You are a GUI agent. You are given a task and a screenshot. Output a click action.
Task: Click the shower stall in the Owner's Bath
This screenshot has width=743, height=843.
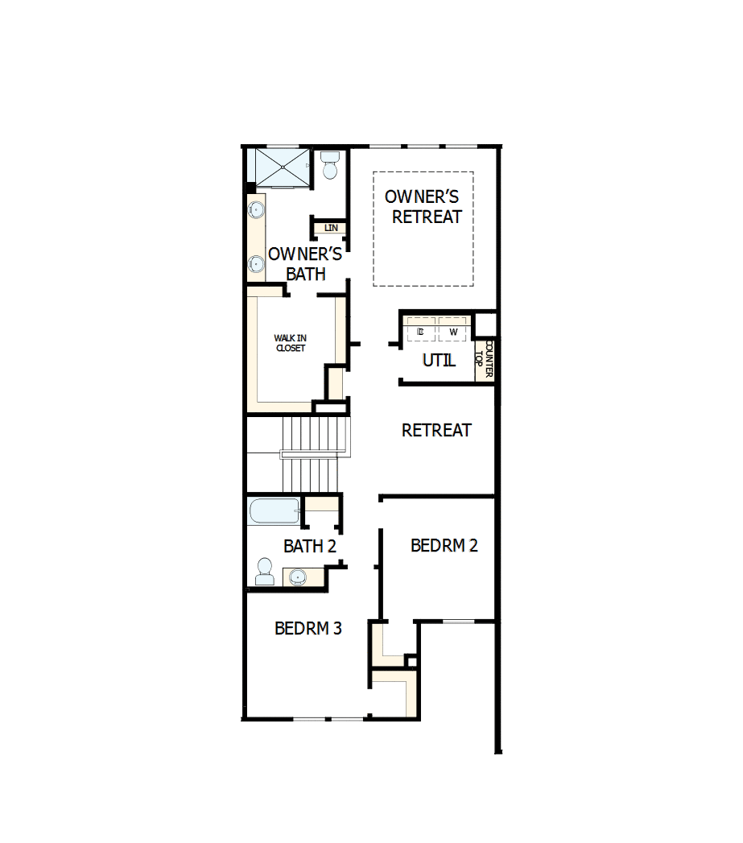coord(282,167)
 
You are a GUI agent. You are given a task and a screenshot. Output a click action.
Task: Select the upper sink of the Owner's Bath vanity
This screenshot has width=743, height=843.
coord(256,211)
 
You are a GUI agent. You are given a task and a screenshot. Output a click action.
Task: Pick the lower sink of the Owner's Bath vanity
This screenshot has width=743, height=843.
coord(256,262)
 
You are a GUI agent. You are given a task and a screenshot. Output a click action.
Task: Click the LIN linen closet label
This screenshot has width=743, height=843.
coord(331,229)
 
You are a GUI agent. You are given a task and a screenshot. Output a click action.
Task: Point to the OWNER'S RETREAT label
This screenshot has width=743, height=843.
coord(423,207)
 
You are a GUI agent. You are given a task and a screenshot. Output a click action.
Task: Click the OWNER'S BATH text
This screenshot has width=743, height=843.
coord(305,264)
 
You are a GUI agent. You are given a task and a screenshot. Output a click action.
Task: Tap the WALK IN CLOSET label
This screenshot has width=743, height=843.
coord(290,343)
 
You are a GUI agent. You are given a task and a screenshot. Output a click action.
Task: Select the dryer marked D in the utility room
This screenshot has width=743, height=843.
coord(420,332)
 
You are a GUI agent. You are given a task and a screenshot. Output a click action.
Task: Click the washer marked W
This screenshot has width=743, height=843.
coord(452,332)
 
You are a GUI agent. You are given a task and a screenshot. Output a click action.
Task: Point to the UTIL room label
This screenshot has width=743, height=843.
coord(439,361)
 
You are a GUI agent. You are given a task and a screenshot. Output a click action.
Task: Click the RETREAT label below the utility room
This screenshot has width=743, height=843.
coord(436,431)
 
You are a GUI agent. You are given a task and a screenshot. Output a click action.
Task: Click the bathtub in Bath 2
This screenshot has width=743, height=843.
coord(274,511)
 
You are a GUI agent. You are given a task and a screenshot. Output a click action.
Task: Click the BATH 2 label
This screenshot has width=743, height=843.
coord(309,547)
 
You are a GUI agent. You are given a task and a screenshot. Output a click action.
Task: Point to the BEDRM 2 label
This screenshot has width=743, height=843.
coord(444,546)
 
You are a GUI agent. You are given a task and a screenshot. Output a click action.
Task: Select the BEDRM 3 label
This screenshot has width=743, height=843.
coord(308,628)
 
